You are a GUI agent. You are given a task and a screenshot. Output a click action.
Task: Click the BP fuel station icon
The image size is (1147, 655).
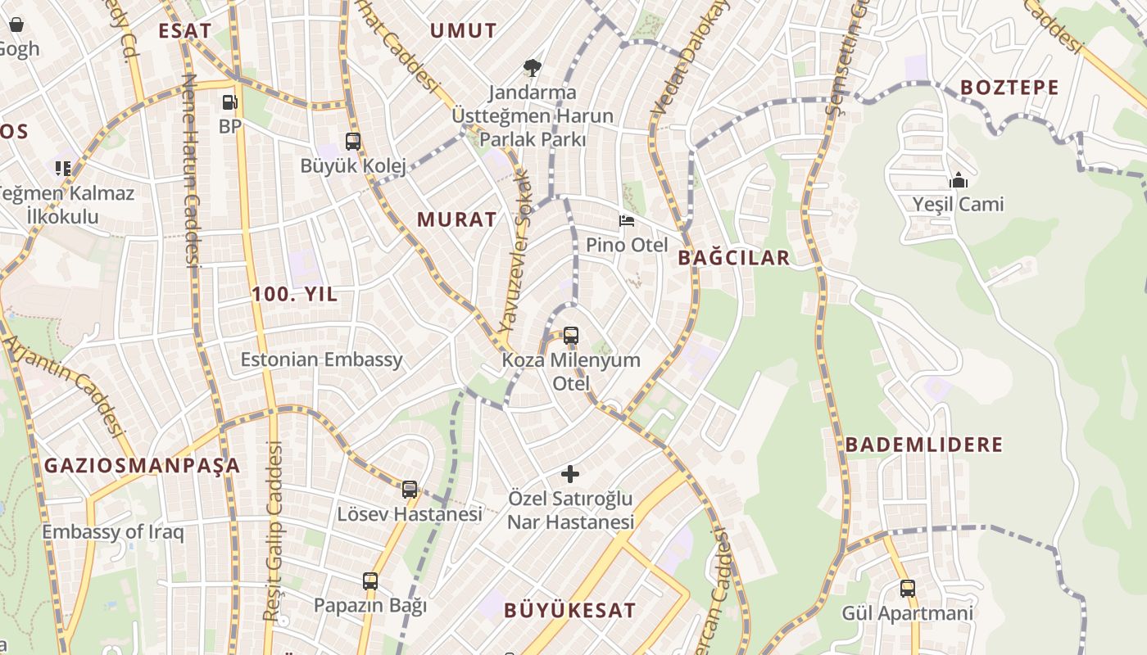tap(230, 102)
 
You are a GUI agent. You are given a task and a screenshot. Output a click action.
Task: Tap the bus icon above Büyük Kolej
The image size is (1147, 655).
tap(353, 141)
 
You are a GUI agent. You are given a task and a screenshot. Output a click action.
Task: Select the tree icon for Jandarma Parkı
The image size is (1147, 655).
tap(532, 67)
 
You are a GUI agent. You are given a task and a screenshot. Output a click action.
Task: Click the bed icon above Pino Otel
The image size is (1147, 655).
tap(627, 221)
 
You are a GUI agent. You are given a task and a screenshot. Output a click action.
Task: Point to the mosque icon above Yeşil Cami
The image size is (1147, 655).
tap(958, 179)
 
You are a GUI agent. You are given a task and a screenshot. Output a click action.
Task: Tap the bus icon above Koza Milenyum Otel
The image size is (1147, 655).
tap(571, 335)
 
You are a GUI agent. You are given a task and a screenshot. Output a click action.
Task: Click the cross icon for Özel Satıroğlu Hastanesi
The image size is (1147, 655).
tap(570, 473)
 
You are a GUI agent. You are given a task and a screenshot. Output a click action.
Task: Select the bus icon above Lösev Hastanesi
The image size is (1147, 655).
tap(410, 489)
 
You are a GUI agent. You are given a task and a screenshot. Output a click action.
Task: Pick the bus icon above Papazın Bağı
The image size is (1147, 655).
tap(370, 581)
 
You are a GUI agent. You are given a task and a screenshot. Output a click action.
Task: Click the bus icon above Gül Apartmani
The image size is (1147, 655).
tap(908, 588)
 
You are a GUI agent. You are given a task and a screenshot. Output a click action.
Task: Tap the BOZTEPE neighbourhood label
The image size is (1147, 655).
tap(1009, 88)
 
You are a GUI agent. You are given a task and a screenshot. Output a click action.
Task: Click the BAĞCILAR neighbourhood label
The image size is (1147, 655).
tap(734, 258)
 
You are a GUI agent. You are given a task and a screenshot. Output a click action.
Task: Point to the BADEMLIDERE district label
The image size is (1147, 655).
tap(924, 445)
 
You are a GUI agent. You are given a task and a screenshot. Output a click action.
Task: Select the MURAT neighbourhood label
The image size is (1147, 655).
tap(456, 219)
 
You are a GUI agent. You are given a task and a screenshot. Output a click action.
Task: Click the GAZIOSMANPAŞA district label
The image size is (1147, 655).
tap(142, 466)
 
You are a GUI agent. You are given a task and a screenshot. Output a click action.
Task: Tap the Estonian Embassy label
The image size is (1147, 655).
tap(321, 359)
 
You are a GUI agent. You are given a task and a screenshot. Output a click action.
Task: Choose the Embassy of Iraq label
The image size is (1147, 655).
tap(113, 531)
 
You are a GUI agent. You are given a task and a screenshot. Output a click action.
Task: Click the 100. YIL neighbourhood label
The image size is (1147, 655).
tap(294, 295)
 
